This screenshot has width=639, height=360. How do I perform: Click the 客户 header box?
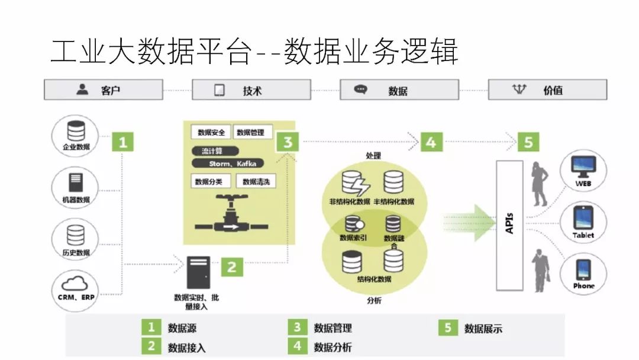[x=103, y=90]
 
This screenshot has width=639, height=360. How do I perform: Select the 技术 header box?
[x=251, y=90]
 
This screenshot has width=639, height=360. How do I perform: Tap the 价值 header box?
[x=547, y=90]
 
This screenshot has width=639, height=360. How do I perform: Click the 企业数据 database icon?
[x=76, y=131]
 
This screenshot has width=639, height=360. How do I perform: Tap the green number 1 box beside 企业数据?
[x=122, y=142]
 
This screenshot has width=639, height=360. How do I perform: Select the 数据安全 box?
[x=211, y=132]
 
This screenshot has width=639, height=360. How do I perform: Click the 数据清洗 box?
[x=256, y=182]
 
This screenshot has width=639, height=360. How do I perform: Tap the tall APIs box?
[x=509, y=226]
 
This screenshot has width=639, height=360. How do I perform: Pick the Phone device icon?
[x=583, y=269]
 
